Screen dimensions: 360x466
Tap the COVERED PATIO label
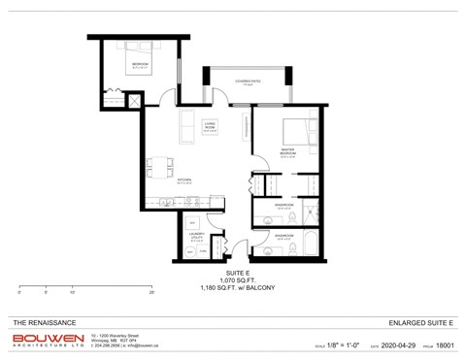246,82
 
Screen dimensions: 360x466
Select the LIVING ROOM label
210,126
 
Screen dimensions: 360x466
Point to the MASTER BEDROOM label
287,152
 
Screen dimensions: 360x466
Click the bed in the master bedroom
299,132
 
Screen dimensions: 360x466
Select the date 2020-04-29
398,344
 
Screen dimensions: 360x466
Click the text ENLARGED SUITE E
420,320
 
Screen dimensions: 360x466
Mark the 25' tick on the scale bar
151,291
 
